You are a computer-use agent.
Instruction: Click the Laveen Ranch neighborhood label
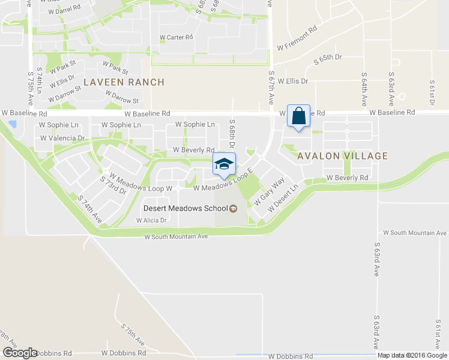tap(124, 82)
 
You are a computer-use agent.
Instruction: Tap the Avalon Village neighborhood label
tap(343, 156)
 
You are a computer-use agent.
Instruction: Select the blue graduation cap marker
tap(224, 164)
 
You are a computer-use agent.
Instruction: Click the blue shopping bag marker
tap(298, 116)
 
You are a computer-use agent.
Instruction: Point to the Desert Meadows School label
tap(185, 208)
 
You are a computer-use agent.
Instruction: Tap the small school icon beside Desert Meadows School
tap(234, 208)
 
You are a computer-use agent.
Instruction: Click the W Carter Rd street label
tap(176, 37)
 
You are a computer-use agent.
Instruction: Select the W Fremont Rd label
tap(297, 39)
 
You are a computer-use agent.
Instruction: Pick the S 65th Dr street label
tap(328, 58)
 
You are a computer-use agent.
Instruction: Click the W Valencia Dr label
tap(62, 138)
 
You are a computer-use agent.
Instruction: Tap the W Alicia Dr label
tap(151, 220)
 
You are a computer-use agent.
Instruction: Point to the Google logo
tap(20, 353)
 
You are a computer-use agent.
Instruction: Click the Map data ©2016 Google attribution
tap(412, 355)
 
